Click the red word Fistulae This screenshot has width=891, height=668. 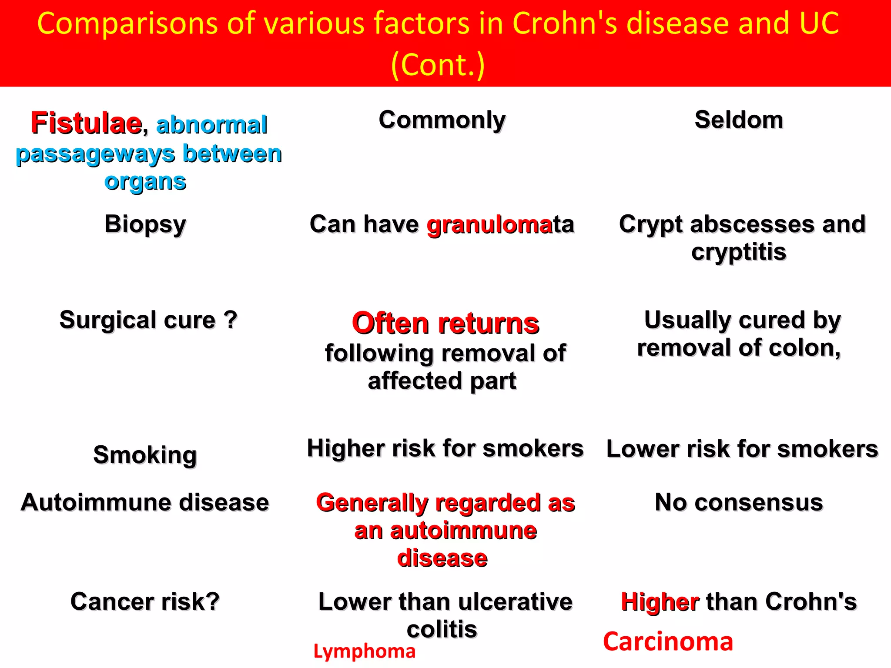point(86,123)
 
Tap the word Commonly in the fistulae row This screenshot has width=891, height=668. point(442,120)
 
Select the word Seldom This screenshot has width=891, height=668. point(739,120)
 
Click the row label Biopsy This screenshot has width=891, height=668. point(145,225)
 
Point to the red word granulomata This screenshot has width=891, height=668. point(500,225)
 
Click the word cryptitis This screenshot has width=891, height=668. point(739,252)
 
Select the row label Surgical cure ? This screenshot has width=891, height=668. point(148,321)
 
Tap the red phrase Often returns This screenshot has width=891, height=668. point(445,324)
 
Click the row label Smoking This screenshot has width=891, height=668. point(145,455)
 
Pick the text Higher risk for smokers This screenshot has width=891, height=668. point(445,448)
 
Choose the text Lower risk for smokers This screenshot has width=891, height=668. point(742,449)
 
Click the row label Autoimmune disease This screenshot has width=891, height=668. point(145,503)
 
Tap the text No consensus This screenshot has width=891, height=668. point(739,503)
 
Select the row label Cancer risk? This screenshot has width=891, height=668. point(145,602)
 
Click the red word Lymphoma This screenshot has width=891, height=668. point(365,651)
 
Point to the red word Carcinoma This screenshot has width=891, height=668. point(668,642)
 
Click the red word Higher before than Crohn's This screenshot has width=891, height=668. point(660,602)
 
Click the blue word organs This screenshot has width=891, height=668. point(145,182)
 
